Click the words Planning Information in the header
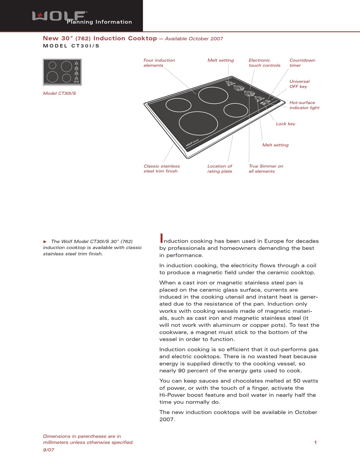99,22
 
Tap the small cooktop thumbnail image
62,72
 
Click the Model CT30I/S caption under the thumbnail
59,93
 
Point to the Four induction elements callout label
159,63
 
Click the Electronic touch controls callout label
264,63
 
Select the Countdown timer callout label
302,63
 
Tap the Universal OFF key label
299,84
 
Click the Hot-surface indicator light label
304,105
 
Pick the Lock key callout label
285,124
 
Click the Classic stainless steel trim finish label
161,168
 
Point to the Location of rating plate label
219,168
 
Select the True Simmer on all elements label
266,168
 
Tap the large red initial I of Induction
161,238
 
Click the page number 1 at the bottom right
315,442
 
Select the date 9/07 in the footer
49,450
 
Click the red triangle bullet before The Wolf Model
45,241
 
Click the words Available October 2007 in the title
194,39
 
